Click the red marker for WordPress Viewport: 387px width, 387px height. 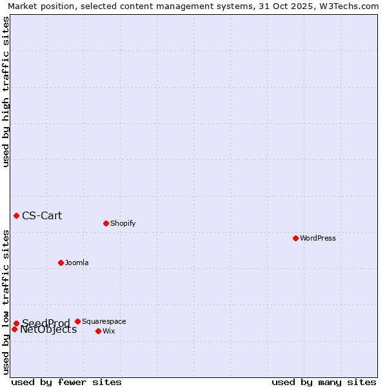[295, 238]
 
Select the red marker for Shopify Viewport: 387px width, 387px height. [106, 223]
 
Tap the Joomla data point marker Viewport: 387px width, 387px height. [61, 263]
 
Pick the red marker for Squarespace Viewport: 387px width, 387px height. [77, 321]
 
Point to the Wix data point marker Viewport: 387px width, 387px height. [98, 331]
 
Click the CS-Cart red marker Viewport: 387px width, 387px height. [16, 215]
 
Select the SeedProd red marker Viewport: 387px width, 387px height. [16, 323]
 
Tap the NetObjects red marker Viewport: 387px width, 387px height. [14, 329]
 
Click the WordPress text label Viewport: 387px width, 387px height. [318, 238]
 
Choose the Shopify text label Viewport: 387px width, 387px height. [123, 223]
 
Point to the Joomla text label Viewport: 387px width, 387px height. [77, 263]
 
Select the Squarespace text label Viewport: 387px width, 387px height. [104, 321]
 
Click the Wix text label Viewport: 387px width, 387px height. [108, 331]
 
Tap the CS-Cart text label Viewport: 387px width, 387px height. [42, 215]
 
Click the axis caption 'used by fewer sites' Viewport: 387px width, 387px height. [66, 382]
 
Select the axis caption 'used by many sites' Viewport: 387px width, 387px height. [324, 382]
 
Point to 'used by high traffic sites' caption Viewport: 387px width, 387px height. [6, 92]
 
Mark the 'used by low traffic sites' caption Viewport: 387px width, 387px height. [6, 302]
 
